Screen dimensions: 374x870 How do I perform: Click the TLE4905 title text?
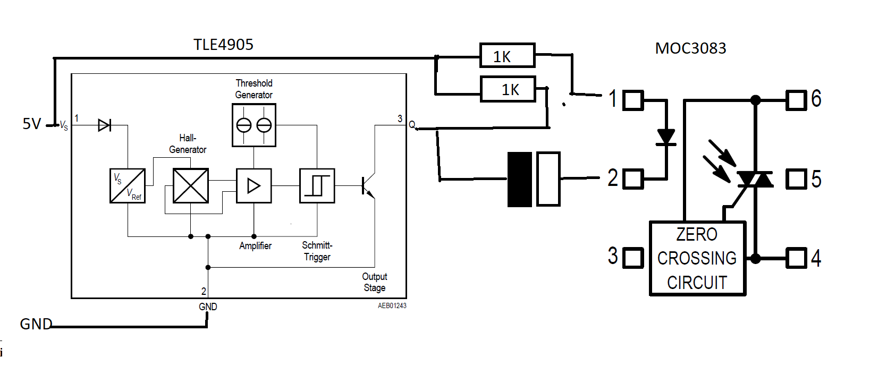(223, 45)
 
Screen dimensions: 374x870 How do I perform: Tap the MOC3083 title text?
(690, 48)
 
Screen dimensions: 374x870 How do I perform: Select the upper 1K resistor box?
(507, 55)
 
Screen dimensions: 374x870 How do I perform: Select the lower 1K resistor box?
(508, 89)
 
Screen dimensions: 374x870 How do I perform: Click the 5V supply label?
(32, 124)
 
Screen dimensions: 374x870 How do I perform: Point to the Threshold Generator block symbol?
(254, 125)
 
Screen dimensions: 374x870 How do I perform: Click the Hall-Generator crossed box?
(191, 186)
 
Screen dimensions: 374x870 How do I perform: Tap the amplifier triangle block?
(254, 186)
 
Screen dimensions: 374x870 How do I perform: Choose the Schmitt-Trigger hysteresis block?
(317, 186)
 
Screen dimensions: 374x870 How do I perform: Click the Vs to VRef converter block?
(128, 186)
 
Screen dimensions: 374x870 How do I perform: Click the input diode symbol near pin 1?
(105, 125)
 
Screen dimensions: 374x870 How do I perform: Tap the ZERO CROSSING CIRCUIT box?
(697, 258)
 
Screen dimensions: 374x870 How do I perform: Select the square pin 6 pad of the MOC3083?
(796, 99)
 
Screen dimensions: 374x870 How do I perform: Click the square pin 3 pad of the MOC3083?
(632, 258)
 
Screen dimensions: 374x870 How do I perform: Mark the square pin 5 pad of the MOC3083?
(796, 179)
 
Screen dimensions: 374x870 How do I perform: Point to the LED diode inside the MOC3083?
(666, 137)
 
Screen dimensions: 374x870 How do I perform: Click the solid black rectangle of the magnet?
(520, 180)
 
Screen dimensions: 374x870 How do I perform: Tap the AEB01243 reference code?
(392, 305)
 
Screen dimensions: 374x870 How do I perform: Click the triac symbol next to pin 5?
(755, 180)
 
